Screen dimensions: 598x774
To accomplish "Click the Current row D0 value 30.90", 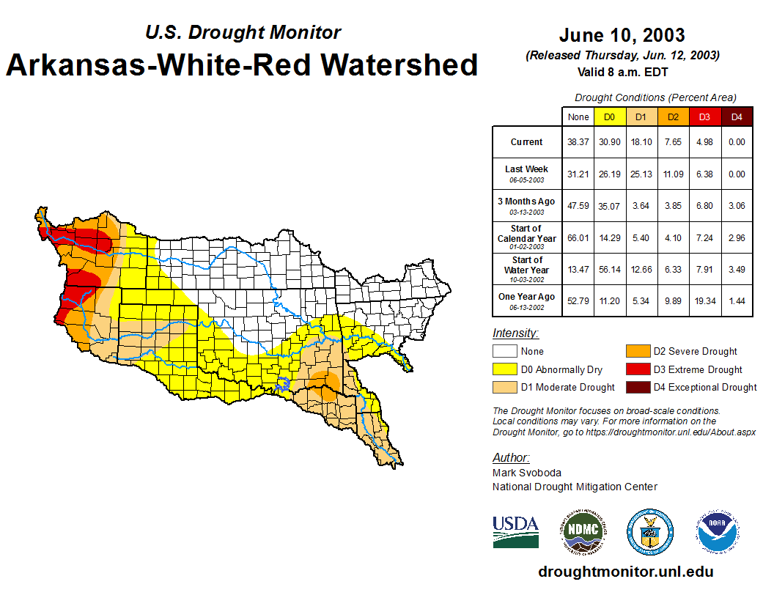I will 609,142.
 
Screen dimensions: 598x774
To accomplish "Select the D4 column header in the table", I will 737,117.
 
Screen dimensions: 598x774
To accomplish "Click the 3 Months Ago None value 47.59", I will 578,206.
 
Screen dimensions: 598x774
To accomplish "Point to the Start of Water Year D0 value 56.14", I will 609,270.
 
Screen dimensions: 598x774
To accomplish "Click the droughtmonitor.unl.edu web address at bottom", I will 625,572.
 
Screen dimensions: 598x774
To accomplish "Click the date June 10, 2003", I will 622,35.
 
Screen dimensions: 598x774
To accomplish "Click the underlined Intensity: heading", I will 515,333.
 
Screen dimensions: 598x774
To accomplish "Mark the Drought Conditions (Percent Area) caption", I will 655,97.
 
